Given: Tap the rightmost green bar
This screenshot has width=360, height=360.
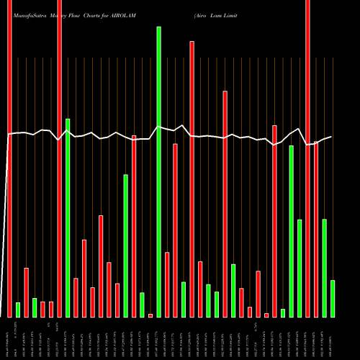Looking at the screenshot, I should [332, 298].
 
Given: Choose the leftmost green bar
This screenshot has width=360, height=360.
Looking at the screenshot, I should [18, 310].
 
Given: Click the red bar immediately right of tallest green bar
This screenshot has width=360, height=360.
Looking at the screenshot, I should [167, 284].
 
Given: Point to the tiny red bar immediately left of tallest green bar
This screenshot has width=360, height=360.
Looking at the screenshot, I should [150, 315].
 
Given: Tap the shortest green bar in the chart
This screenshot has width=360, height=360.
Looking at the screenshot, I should [283, 312].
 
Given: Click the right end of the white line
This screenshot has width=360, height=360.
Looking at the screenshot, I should [331, 137].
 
